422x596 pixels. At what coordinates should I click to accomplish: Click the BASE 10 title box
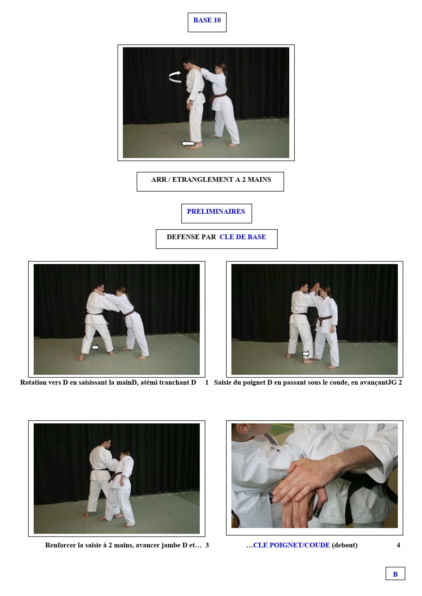coord(207,22)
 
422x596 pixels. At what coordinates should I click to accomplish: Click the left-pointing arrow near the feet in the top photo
coord(188,143)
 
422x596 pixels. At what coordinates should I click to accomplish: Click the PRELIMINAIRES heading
coord(216,211)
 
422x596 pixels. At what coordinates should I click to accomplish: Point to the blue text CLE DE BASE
coord(243,237)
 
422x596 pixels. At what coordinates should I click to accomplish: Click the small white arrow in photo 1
coord(95,347)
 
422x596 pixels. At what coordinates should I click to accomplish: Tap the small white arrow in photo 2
coord(306,354)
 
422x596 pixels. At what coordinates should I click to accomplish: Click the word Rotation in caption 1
coord(33,382)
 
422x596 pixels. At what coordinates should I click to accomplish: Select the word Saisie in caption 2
coord(223,382)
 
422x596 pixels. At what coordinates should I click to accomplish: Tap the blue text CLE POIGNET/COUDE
coord(291,545)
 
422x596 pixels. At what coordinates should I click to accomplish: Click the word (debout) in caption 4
coord(345,545)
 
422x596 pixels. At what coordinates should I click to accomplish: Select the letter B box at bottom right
coord(395,574)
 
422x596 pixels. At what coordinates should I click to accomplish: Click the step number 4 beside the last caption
coord(399,545)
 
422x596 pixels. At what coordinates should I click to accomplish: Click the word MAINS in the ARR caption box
coord(259,179)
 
